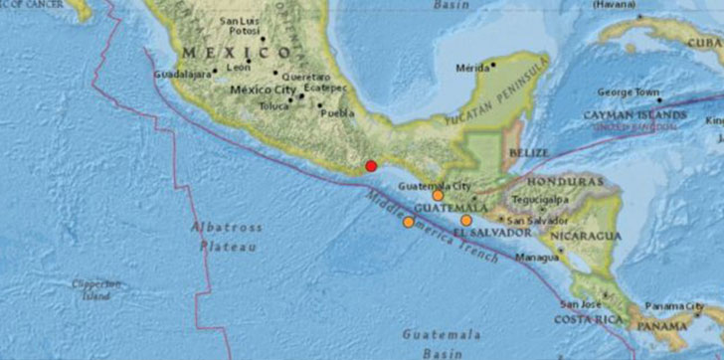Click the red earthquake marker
pos(371,166)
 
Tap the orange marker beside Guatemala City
pos(438,196)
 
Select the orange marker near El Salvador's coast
pos(466,220)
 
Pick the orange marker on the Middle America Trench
pos(408,222)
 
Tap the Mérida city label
pos(471,68)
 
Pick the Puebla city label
pos(339,112)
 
